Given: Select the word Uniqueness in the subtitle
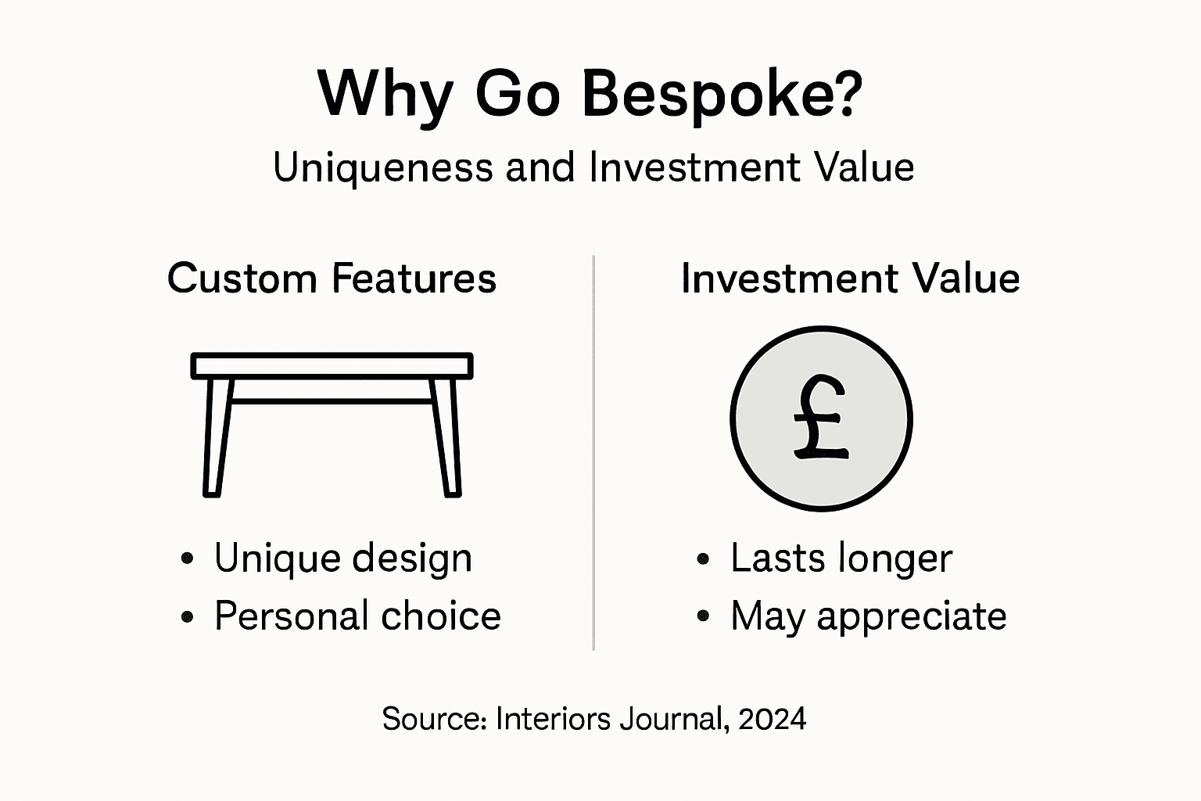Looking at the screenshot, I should [x=383, y=167].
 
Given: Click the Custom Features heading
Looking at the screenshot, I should [x=332, y=278].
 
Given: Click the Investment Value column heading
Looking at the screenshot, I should [x=850, y=278].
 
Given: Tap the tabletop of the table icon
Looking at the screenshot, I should [x=332, y=365].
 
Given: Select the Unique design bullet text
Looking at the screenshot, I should [x=343, y=558].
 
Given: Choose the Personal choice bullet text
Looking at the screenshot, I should [x=357, y=616].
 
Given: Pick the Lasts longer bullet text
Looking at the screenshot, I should [x=841, y=558].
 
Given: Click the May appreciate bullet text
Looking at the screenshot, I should [x=868, y=616].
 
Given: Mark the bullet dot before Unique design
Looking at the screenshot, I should [x=187, y=559].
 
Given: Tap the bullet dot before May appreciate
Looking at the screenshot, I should [x=703, y=617].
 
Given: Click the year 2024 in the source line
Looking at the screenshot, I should [x=772, y=718].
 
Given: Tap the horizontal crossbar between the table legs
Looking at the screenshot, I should [x=332, y=401].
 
